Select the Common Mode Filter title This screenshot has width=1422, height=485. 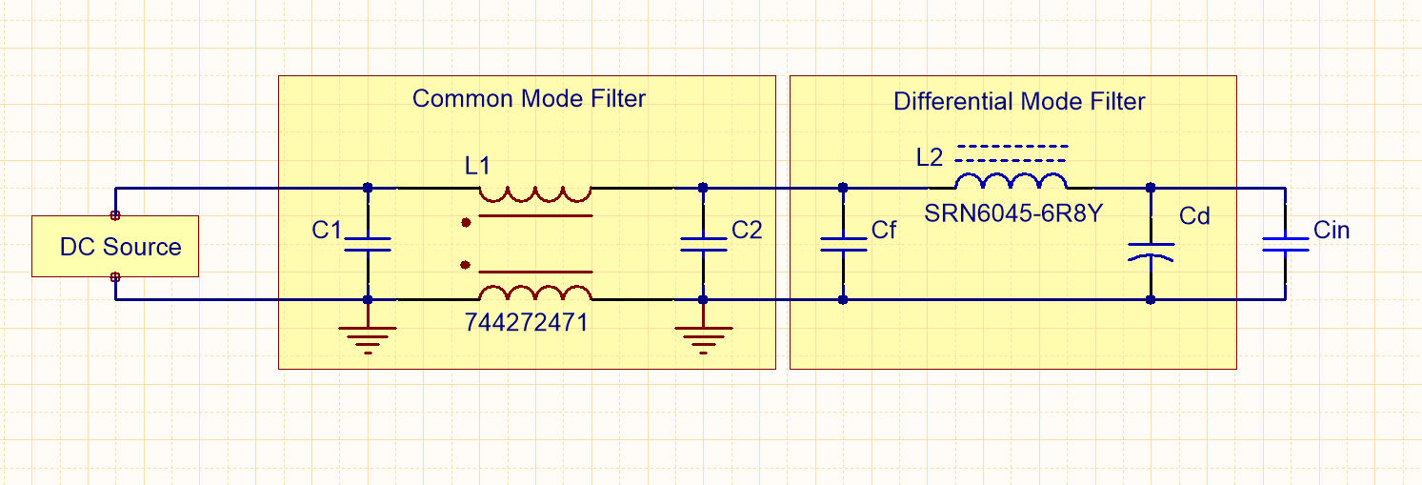point(529,98)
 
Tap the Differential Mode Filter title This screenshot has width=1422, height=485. point(1019,101)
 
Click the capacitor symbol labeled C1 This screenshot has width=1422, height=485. point(368,243)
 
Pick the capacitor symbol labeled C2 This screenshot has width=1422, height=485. point(703,243)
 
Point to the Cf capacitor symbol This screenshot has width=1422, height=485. point(843,243)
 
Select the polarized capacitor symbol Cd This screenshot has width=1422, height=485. point(1151,251)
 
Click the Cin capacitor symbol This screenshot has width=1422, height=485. point(1285,244)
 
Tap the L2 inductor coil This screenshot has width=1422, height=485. point(1011,182)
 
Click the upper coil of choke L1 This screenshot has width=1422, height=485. point(535,194)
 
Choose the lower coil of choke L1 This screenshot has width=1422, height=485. point(535,293)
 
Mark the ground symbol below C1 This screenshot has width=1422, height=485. point(368,338)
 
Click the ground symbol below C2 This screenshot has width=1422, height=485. point(703,338)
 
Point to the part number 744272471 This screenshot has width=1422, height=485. point(527,323)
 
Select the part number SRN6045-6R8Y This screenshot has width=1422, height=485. point(1013,213)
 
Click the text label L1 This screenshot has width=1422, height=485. point(477,165)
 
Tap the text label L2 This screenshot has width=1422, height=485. point(930,157)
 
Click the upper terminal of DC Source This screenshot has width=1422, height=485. point(115,215)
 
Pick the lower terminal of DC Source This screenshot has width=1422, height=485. point(115,276)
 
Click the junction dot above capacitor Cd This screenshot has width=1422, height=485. point(1151,187)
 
